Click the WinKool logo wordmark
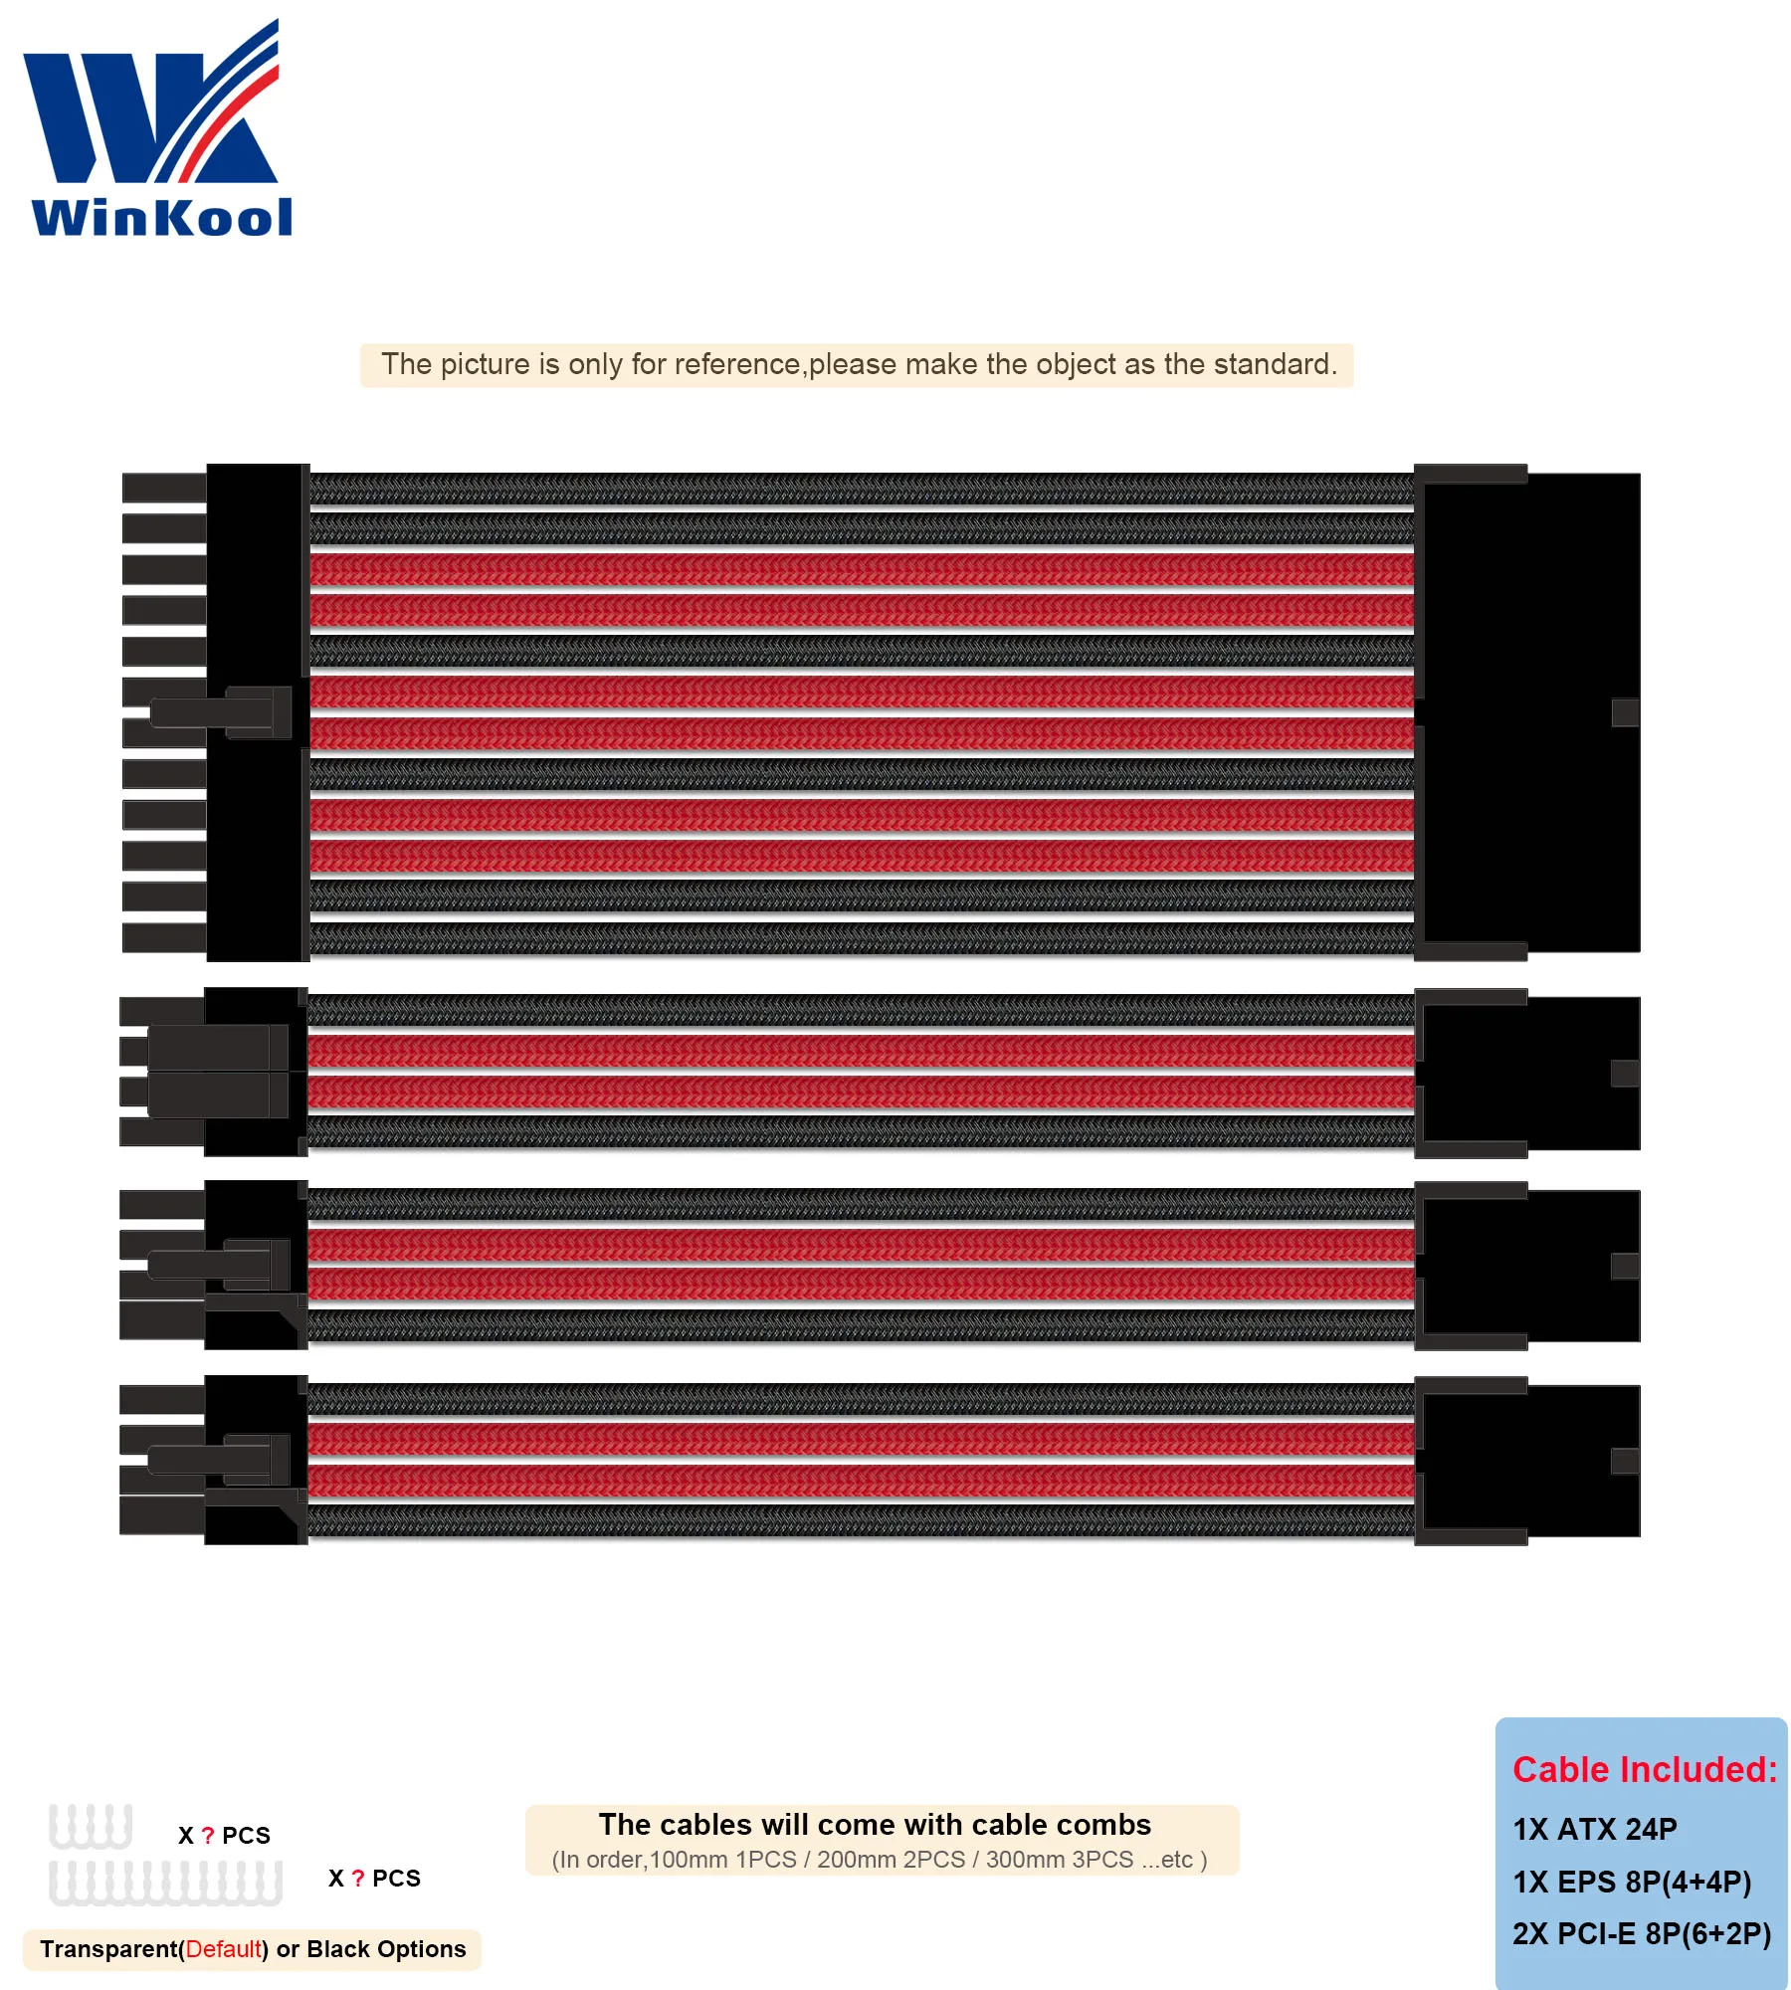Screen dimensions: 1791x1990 pos(162,217)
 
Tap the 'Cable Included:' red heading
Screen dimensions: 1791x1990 pos(1644,1769)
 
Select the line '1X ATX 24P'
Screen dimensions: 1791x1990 pos(1594,1829)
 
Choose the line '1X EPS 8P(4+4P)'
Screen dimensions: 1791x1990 pos(1631,1882)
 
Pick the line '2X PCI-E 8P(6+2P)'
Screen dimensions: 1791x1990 pos(1641,1933)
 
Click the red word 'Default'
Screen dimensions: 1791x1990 pos(224,1948)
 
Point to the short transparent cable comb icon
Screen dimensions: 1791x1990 pos(91,1826)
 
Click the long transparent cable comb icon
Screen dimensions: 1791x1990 pos(165,1883)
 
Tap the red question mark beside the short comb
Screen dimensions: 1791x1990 pos(208,1835)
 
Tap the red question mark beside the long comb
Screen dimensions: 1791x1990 pos(358,1878)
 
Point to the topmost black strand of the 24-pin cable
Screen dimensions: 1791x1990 pos(861,489)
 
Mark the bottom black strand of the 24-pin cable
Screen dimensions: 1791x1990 pos(861,937)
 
